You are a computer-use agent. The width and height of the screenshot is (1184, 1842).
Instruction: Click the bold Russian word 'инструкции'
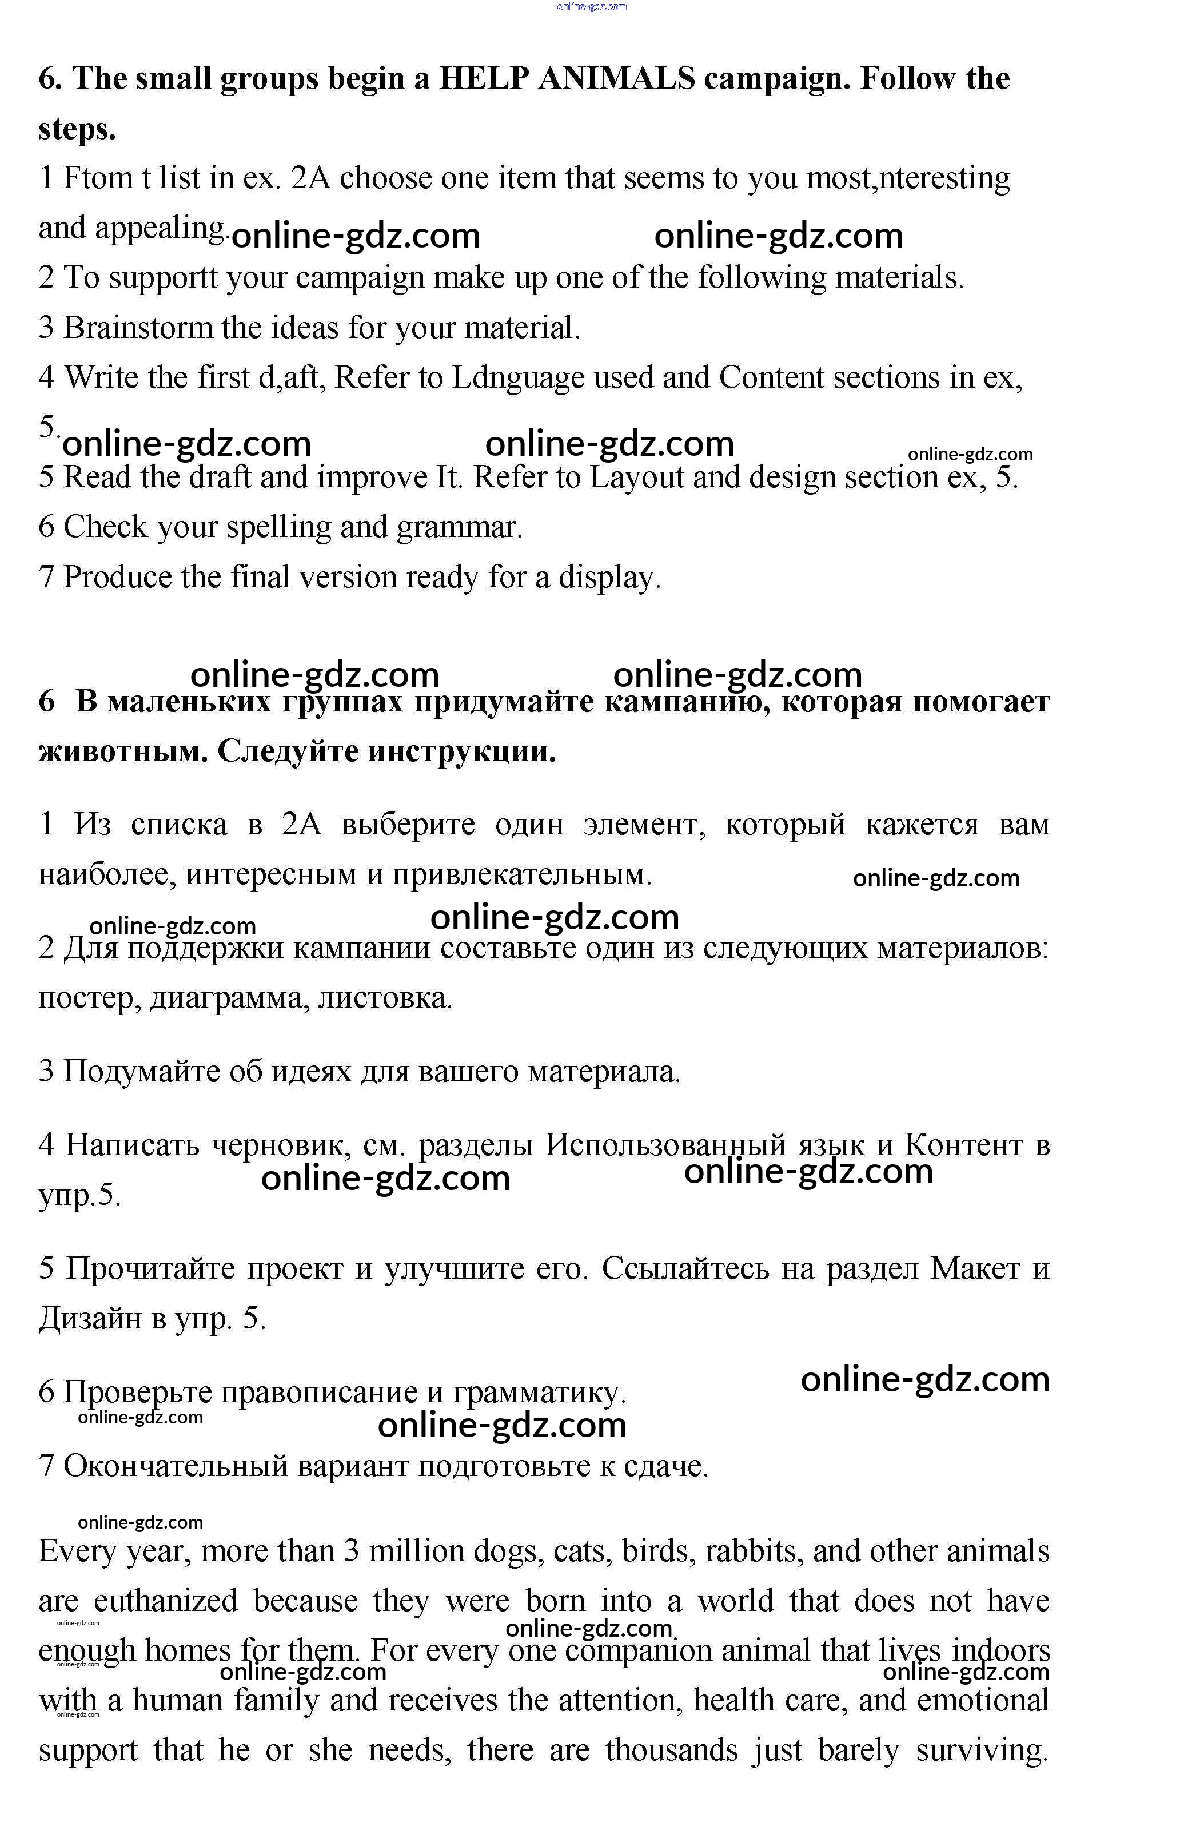[x=461, y=751]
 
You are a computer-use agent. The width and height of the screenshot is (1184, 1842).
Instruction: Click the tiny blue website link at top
[x=591, y=6]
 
